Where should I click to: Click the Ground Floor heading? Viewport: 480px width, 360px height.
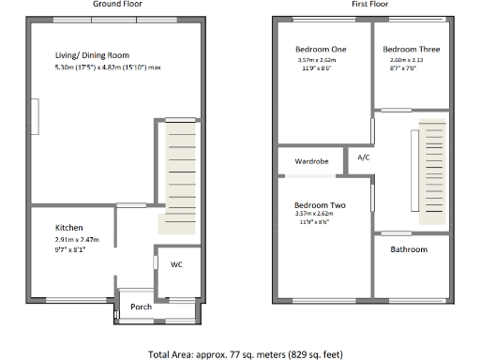click(118, 5)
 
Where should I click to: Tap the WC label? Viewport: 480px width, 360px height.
click(176, 264)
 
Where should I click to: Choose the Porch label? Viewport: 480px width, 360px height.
click(141, 307)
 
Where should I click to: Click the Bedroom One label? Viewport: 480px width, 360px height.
click(320, 49)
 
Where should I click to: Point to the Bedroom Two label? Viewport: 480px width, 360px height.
click(321, 204)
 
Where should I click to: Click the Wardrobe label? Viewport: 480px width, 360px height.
click(311, 161)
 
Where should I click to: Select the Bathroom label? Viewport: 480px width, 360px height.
click(409, 249)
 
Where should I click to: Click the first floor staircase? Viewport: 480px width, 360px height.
click(432, 173)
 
